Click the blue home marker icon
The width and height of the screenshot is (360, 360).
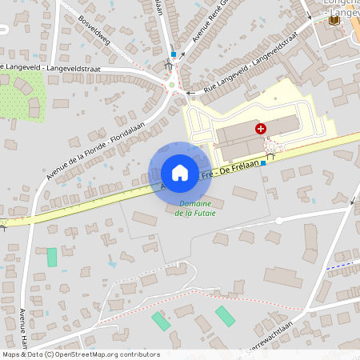pyautogui.click(x=179, y=173)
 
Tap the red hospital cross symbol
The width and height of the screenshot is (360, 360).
pyautogui.click(x=260, y=128)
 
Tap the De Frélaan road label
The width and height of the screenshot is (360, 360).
pyautogui.click(x=238, y=163)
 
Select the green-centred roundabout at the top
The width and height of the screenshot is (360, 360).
pyautogui.click(x=171, y=84)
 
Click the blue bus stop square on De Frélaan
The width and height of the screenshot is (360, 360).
pyautogui.click(x=263, y=162)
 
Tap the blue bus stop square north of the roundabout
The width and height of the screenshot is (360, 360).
pyautogui.click(x=173, y=55)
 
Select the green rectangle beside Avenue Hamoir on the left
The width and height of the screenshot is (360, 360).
pyautogui.click(x=52, y=257)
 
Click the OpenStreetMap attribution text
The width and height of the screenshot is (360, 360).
pyautogui.click(x=80, y=354)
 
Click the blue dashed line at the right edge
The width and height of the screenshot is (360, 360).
pyautogui.click(x=341, y=263)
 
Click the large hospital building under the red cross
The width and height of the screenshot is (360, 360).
pyautogui.click(x=240, y=140)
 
